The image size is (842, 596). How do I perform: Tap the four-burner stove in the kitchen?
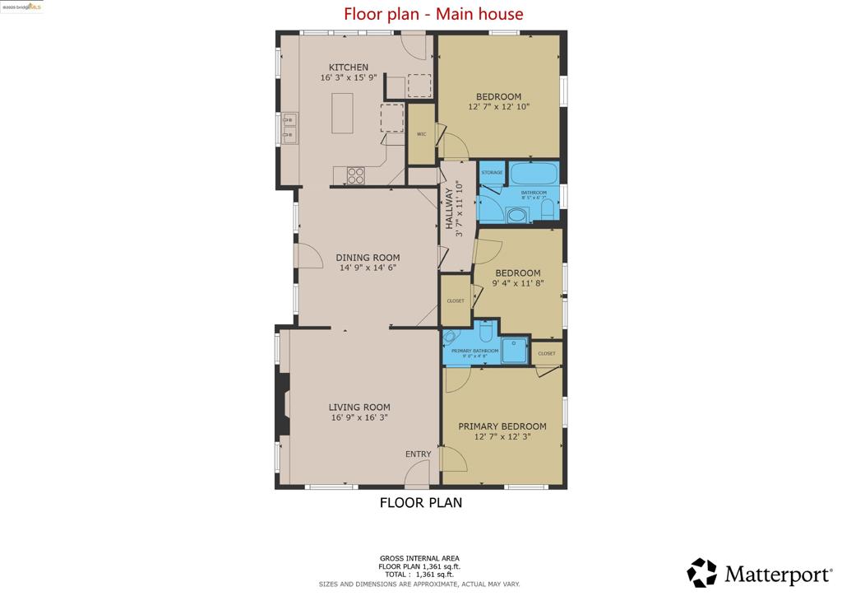(x=355, y=175)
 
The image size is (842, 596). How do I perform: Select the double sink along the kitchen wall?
(x=289, y=128)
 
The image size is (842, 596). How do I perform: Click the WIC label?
(x=421, y=133)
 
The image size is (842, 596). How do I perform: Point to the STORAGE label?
(x=492, y=172)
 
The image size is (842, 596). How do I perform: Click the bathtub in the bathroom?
(x=534, y=175)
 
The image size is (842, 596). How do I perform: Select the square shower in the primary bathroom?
(x=514, y=349)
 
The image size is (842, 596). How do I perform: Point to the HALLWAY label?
(x=450, y=210)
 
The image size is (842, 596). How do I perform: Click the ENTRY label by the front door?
(x=418, y=454)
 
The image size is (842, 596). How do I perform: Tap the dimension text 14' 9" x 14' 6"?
(x=368, y=268)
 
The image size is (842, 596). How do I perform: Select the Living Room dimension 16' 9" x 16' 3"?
(x=359, y=417)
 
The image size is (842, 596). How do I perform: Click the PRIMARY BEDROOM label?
(x=502, y=426)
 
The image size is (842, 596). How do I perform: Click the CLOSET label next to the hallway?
(x=456, y=300)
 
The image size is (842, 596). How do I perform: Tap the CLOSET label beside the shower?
(x=547, y=353)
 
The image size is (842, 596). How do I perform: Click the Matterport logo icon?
(x=702, y=572)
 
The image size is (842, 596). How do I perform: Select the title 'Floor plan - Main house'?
(x=433, y=14)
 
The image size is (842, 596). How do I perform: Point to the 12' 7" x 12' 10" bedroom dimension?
(x=499, y=106)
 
